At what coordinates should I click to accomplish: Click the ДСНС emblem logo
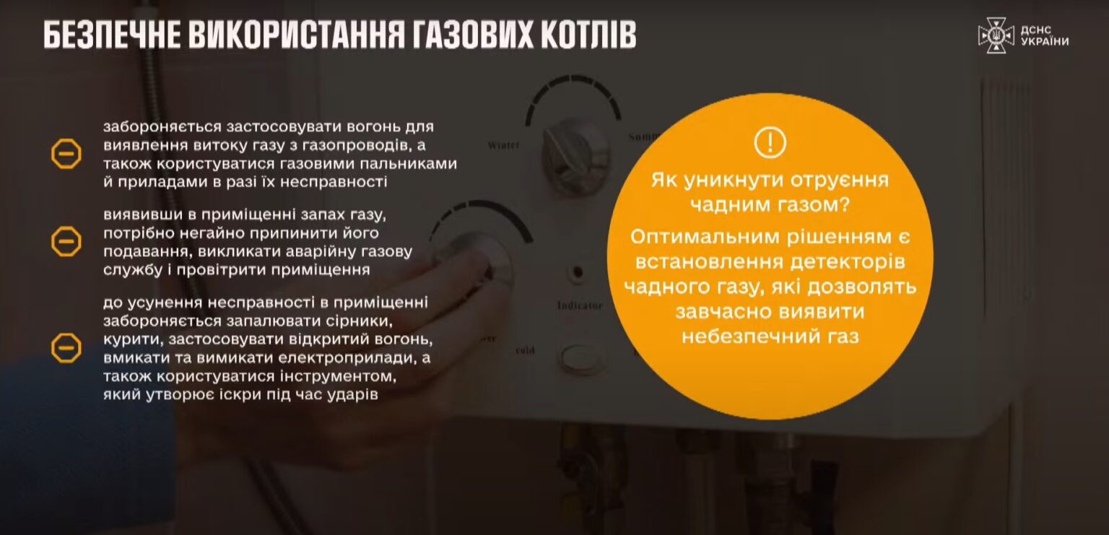click(x=996, y=35)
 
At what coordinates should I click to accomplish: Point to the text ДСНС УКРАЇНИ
click(x=1044, y=35)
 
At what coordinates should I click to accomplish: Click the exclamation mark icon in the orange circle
click(x=770, y=142)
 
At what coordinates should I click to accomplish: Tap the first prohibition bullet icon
click(x=66, y=154)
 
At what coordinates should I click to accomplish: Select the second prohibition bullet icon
click(x=66, y=242)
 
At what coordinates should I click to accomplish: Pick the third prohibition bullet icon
click(x=66, y=348)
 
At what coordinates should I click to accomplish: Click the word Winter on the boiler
click(x=503, y=146)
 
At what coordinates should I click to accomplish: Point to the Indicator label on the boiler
click(x=580, y=306)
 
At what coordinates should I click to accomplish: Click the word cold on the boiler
click(x=525, y=350)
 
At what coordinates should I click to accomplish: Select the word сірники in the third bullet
click(x=359, y=321)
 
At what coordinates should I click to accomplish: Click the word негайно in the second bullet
click(x=214, y=233)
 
